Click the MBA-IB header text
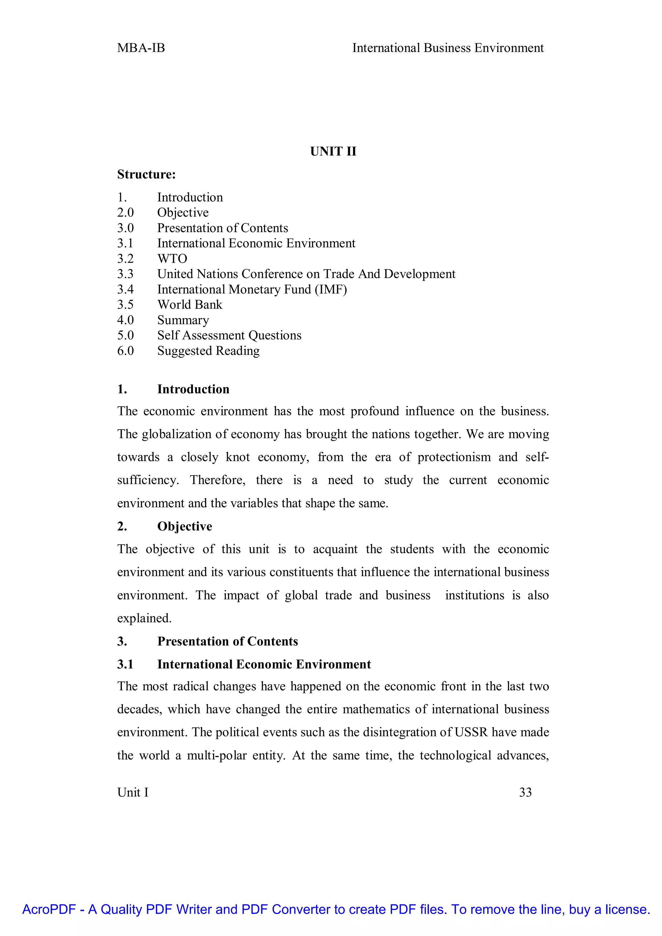pyautogui.click(x=141, y=48)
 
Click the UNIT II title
pyautogui.click(x=333, y=152)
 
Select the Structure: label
pyautogui.click(x=146, y=175)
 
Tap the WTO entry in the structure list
pyautogui.click(x=172, y=259)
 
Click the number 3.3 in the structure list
pyautogui.click(x=125, y=274)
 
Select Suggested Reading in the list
pyautogui.click(x=208, y=351)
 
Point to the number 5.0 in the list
pyautogui.click(x=125, y=335)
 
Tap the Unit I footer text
pyautogui.click(x=133, y=792)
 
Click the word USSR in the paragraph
pyautogui.click(x=471, y=732)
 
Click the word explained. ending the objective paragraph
pyautogui.click(x=144, y=618)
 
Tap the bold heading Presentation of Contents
pyautogui.click(x=228, y=641)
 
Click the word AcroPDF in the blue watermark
pyautogui.click(x=49, y=909)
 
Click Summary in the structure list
pyautogui.click(x=183, y=320)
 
